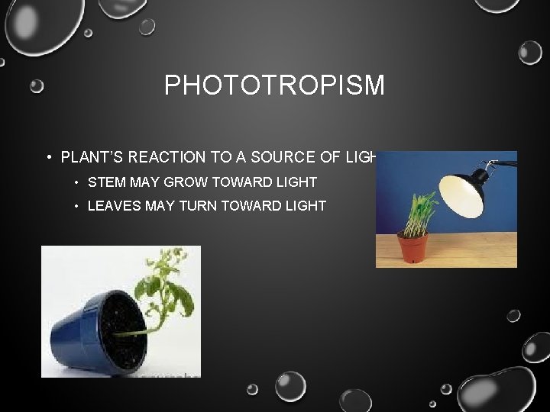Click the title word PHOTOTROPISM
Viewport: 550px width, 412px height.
[x=274, y=85]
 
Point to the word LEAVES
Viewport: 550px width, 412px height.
[x=112, y=206]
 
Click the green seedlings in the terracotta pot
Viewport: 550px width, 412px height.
[x=419, y=214]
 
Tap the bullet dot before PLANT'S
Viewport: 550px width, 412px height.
[x=48, y=158]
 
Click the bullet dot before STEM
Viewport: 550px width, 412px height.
[x=76, y=183]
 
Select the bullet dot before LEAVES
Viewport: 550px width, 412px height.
[x=76, y=207]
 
